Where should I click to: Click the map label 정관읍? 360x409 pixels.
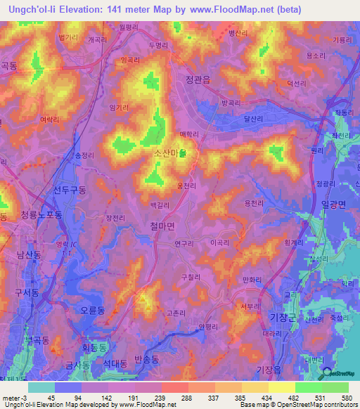tap(198, 79)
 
